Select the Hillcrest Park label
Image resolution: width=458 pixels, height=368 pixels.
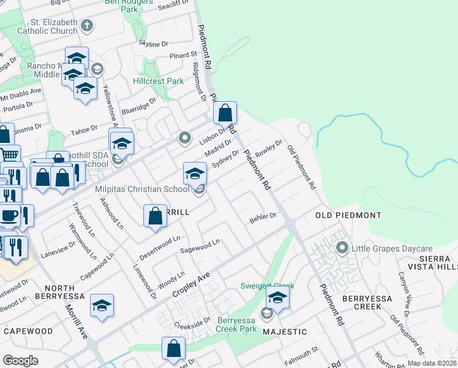click(159, 81)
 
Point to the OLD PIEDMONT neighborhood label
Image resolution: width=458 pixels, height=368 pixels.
click(348, 215)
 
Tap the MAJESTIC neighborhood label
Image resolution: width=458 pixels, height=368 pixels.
click(285, 331)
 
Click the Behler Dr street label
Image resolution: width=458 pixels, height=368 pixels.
click(263, 217)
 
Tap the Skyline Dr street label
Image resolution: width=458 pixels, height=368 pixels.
click(153, 44)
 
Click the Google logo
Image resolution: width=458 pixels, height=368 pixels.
click(20, 360)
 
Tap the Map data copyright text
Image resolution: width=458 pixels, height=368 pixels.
click(432, 363)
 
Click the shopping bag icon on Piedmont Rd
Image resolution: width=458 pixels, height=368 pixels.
click(225, 113)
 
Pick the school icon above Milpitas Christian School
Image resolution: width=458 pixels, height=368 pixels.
click(195, 174)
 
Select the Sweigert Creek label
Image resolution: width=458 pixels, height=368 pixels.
click(267, 286)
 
